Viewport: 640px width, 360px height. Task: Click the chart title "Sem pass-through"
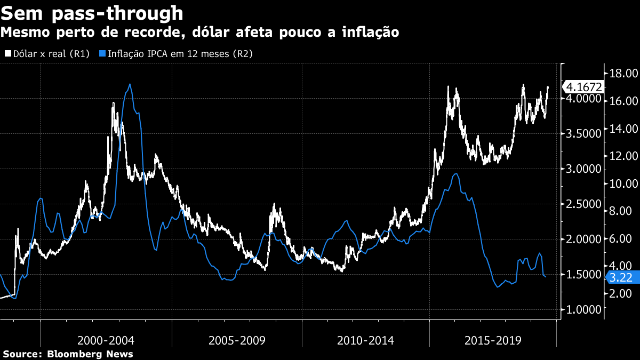click(92, 13)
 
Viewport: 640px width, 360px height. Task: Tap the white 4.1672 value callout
click(584, 87)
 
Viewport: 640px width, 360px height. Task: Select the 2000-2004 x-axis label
click(106, 340)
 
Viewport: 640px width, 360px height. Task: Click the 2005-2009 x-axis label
click(237, 340)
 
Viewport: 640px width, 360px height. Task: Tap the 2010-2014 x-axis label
click(365, 340)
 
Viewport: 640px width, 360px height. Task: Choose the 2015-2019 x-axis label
click(493, 340)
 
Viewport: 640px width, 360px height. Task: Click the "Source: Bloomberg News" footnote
click(68, 354)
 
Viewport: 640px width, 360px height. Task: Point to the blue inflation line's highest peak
click(130, 84)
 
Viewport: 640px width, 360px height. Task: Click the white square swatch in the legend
click(8, 54)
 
